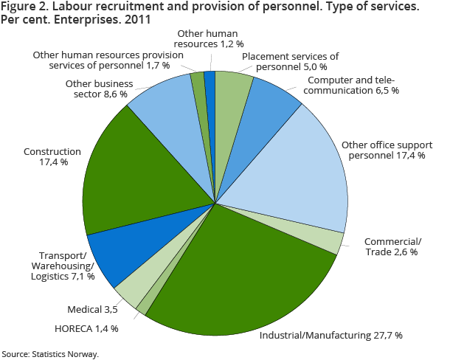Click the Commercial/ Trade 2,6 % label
point(392,247)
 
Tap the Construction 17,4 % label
point(46,156)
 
